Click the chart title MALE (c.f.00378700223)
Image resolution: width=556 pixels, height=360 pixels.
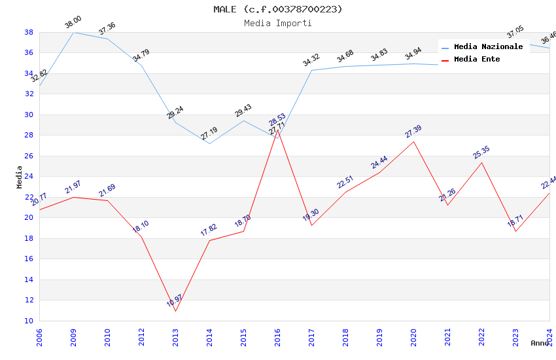pyautogui.click(x=277, y=9)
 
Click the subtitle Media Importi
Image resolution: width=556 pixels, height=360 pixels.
pyautogui.click(x=277, y=24)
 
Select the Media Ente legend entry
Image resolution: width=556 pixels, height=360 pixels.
pyautogui.click(x=477, y=60)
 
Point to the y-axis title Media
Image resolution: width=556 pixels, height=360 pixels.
pyautogui.click(x=19, y=176)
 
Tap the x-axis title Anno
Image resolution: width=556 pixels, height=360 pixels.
pyautogui.click(x=540, y=343)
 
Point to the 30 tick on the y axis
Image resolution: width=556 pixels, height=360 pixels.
pyautogui.click(x=29, y=115)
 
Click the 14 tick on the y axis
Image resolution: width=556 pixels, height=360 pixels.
pyautogui.click(x=29, y=279)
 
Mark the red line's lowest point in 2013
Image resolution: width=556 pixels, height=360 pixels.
pyautogui.click(x=175, y=311)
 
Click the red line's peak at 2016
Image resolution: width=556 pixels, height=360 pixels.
pyautogui.click(x=277, y=130)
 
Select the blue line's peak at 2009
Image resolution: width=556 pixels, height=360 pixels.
pyautogui.click(x=73, y=32)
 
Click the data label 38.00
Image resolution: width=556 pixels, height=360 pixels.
pyautogui.click(x=73, y=24)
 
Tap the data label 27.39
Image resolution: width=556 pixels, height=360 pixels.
pyautogui.click(x=413, y=132)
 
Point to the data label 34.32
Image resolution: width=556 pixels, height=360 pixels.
pyautogui.click(x=311, y=61)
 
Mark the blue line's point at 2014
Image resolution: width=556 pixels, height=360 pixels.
pyautogui.click(x=209, y=143)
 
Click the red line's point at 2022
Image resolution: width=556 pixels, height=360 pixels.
pyautogui.click(x=481, y=162)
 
